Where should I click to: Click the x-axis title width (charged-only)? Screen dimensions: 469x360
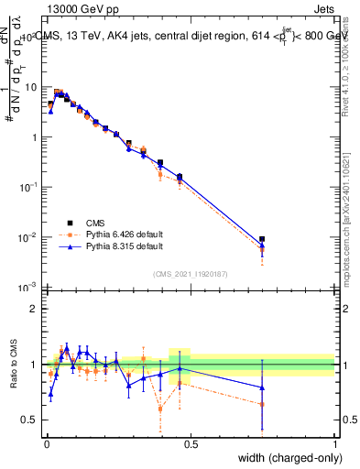284,458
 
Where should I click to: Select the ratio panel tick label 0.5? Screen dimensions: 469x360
29,420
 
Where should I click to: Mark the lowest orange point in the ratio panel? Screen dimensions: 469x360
161,409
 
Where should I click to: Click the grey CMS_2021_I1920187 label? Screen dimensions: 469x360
191,273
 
